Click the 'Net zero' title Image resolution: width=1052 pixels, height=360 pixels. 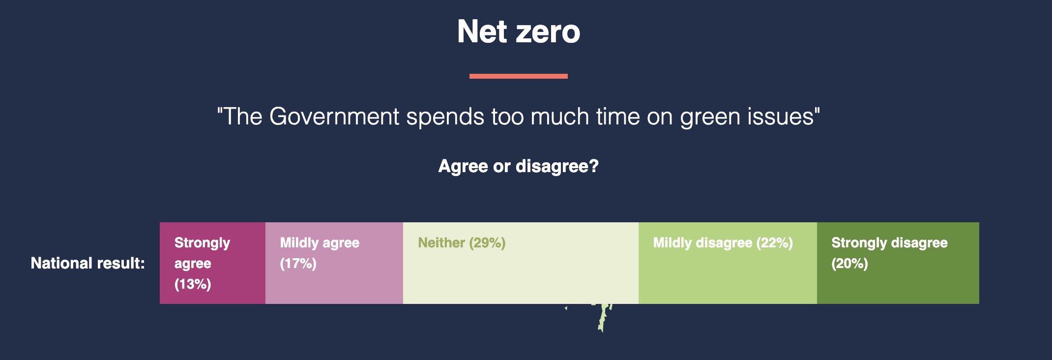pos(519,31)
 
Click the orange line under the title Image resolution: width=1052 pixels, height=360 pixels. pos(519,76)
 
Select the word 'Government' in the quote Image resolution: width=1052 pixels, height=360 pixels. pos(334,117)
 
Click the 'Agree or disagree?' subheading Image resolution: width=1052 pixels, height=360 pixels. pos(519,167)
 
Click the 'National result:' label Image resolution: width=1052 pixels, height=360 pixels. pos(88,263)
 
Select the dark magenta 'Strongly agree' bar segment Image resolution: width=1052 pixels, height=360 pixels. pos(212,263)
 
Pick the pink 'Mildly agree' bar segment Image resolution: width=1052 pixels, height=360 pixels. pos(334,263)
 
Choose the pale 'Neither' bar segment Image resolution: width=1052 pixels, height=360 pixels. pos(521,263)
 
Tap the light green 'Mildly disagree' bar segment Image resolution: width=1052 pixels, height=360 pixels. pos(728,263)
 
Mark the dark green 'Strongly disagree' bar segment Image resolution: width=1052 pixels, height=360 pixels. pos(898,263)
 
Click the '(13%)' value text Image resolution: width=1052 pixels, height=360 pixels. pos(193,284)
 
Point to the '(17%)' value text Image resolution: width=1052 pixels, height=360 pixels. pos(298,264)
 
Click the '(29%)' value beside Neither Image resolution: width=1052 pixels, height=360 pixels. pos(487,243)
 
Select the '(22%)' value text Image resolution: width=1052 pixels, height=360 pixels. pos(774,243)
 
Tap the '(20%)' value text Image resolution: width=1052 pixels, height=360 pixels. pos(849,264)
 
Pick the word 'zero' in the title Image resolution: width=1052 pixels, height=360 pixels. pos(548,33)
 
